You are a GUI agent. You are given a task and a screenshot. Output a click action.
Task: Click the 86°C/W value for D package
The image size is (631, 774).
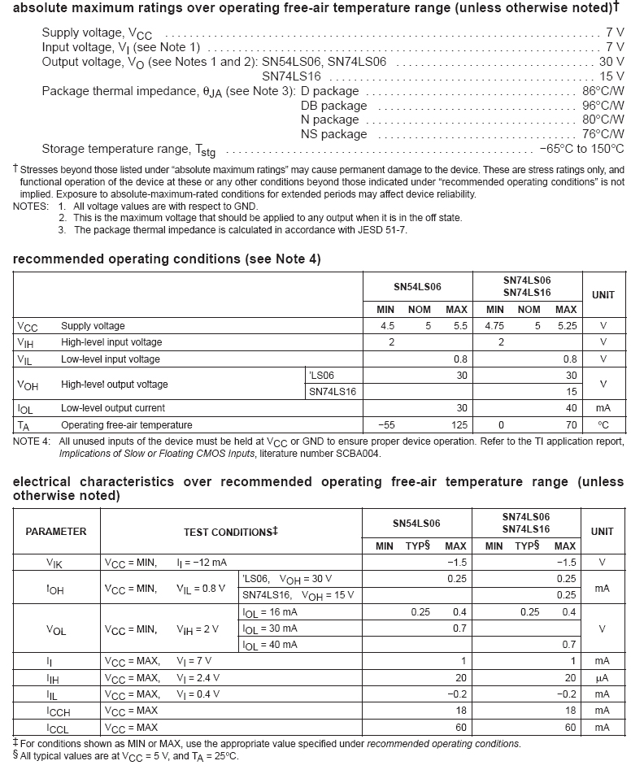[x=603, y=91]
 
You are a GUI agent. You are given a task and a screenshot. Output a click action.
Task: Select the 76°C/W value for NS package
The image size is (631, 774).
[x=603, y=134]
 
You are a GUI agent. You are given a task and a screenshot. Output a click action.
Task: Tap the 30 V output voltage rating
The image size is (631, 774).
[x=611, y=62]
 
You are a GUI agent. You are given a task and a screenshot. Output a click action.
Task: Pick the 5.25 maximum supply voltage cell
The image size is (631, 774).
[x=565, y=326]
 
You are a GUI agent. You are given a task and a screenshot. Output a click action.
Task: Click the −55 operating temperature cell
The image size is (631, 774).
[x=385, y=424]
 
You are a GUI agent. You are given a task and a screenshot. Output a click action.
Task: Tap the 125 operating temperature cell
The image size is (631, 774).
[x=458, y=424]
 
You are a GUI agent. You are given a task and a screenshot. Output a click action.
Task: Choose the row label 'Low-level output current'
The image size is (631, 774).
[x=113, y=408]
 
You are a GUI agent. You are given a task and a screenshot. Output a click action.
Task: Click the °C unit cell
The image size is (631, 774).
[x=603, y=424]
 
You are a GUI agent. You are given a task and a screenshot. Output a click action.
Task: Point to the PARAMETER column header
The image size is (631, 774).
[x=56, y=532]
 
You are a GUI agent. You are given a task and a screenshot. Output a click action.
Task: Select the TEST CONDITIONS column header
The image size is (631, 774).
[x=231, y=533]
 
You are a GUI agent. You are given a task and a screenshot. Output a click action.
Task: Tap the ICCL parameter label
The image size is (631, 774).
[x=58, y=727]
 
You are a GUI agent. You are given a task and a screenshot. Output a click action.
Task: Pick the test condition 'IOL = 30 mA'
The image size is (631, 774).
[x=270, y=628]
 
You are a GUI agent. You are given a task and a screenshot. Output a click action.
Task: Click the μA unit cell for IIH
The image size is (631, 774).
[x=603, y=677]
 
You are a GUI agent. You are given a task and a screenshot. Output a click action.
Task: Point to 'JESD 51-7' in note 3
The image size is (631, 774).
[x=381, y=230]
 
